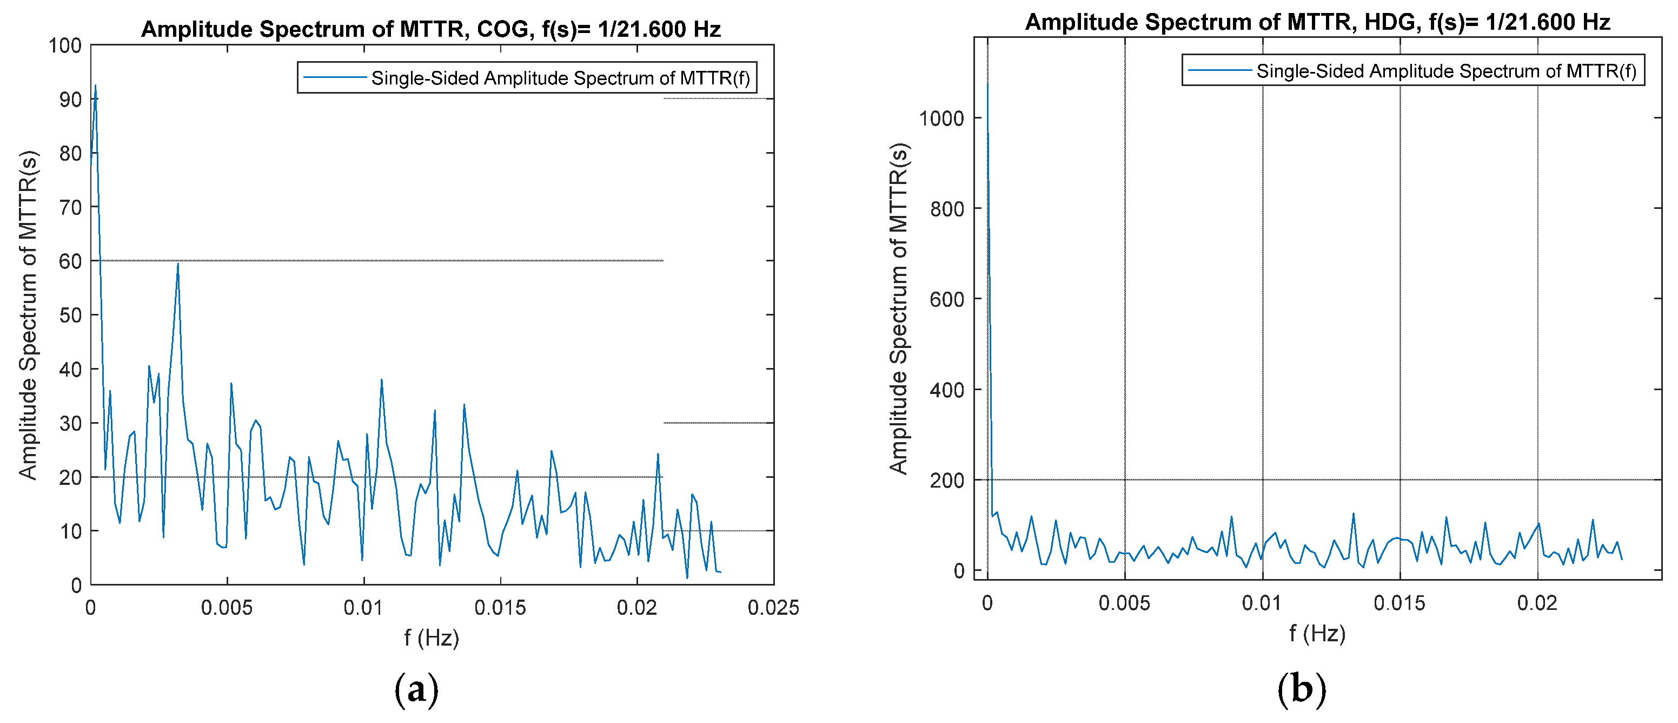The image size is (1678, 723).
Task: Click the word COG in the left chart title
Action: tap(502, 29)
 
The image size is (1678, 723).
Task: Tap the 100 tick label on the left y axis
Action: tap(65, 45)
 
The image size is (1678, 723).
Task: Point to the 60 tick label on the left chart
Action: tap(70, 261)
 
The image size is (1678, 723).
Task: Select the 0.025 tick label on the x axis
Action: tap(773, 608)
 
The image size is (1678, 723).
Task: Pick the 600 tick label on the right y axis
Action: tap(947, 299)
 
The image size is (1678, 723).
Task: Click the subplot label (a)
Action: tap(416, 689)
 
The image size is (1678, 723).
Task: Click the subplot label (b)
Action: tap(1302, 689)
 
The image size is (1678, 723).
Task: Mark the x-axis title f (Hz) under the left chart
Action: tap(431, 637)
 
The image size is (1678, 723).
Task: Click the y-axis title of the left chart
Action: tap(28, 316)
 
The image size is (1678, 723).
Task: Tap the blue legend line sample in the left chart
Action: tap(335, 77)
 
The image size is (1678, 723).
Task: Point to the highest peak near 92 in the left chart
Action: tap(95, 86)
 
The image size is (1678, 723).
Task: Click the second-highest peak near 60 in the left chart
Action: tap(178, 264)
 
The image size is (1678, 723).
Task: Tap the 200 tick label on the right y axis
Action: tap(947, 481)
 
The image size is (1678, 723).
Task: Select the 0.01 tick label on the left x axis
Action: tap(363, 608)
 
